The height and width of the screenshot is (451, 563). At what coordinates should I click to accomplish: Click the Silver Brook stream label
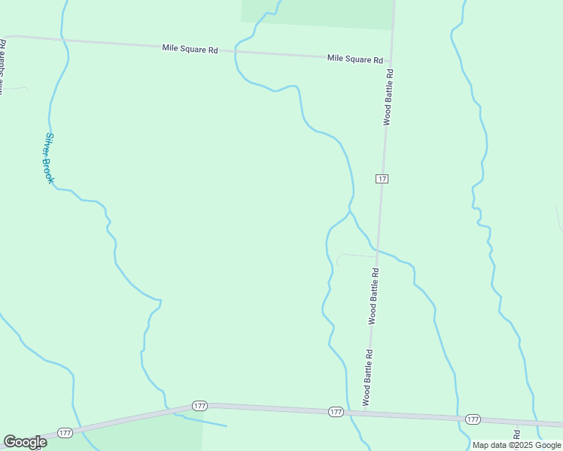[x=50, y=159]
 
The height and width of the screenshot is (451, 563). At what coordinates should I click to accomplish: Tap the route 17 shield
[x=382, y=178]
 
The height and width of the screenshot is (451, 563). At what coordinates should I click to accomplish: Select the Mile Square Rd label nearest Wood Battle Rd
[x=355, y=59]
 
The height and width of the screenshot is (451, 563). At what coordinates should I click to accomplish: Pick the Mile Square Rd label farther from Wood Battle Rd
[x=190, y=49]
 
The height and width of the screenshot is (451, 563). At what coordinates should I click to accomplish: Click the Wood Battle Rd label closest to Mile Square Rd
[x=388, y=96]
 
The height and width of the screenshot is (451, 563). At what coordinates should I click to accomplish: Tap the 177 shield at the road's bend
[x=199, y=406]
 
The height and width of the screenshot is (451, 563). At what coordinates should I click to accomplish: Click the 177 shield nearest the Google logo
[x=65, y=433]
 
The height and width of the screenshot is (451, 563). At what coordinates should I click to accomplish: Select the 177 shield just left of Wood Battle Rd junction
[x=336, y=412]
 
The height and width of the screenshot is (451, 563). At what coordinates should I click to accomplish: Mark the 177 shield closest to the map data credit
[x=473, y=419]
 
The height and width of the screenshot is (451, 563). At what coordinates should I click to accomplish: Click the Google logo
[x=25, y=442]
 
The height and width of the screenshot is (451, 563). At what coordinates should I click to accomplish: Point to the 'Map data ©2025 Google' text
[x=516, y=445]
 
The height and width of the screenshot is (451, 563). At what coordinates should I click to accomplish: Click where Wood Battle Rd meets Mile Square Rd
[x=392, y=60]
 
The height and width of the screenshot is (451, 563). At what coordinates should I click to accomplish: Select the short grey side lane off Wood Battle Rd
[x=354, y=256]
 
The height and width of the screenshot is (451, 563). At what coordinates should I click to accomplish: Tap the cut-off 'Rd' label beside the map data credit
[x=517, y=434]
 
